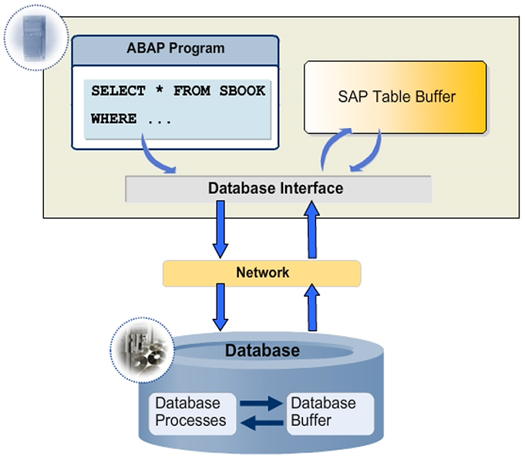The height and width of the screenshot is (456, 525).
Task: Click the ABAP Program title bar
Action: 175,49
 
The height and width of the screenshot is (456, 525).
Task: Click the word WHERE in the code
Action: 113,119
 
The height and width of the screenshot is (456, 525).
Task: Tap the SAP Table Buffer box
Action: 396,97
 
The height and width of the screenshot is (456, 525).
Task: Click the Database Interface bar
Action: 275,189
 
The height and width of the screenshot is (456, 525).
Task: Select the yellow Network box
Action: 262,273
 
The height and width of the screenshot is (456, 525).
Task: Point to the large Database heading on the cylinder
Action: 262,351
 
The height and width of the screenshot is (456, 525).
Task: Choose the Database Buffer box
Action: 323,412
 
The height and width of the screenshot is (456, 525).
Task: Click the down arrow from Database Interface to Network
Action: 220,230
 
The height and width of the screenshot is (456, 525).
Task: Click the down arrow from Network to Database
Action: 220,306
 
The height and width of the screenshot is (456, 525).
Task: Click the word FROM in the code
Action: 190,91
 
